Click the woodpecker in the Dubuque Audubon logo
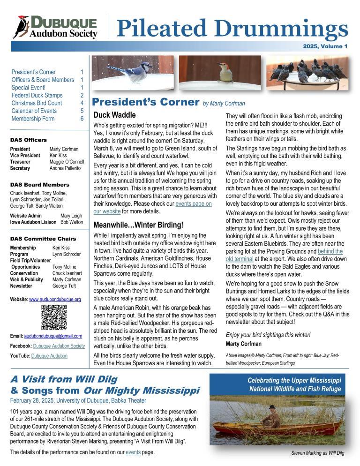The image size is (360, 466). (x=22, y=27)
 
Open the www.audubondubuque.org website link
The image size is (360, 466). (x=55, y=299)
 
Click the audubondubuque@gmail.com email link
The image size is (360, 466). (x=52, y=336)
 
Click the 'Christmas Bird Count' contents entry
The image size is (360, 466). (x=36, y=103)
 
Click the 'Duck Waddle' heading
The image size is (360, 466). (x=114, y=114)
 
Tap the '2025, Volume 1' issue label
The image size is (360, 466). (x=325, y=46)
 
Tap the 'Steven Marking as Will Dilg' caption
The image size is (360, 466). (x=317, y=453)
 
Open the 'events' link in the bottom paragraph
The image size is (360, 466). (x=133, y=452)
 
